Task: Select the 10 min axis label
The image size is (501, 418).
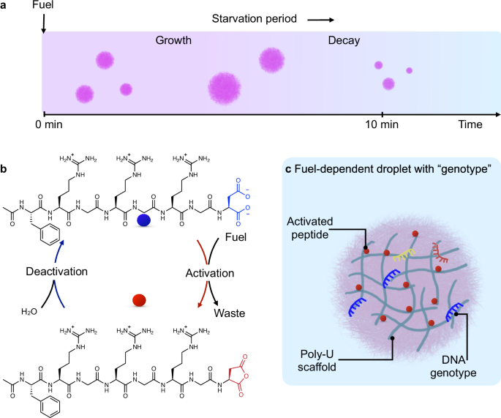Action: click(x=381, y=125)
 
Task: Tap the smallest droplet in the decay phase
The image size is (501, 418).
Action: click(x=409, y=70)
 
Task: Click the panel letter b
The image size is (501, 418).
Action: click(x=5, y=170)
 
